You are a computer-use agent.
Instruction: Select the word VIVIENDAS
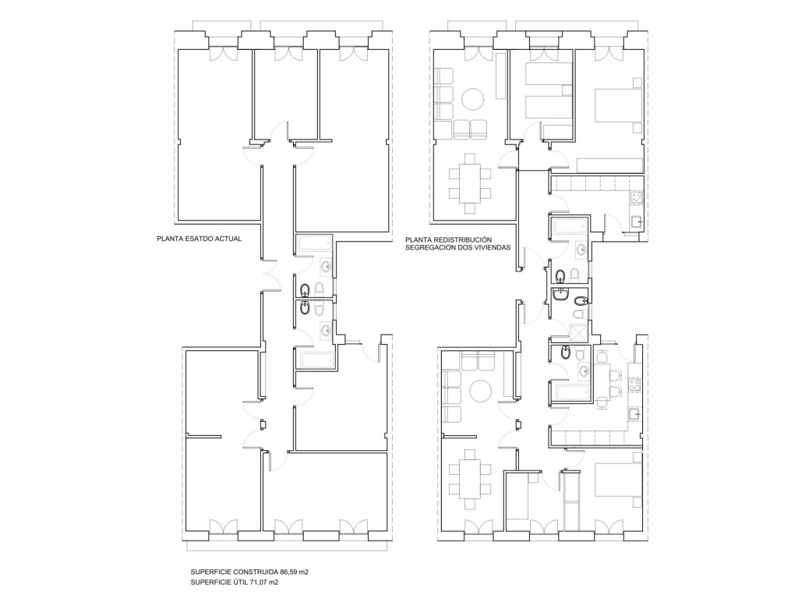[493, 248]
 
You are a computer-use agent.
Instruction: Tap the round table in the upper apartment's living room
[473, 99]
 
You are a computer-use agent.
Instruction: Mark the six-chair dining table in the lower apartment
[470, 479]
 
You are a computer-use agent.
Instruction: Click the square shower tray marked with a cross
[578, 332]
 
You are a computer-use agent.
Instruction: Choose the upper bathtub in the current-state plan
[315, 243]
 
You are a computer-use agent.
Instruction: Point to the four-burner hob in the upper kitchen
[637, 198]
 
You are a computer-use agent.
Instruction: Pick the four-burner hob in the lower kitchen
[634, 384]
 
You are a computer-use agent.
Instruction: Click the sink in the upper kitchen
[637, 221]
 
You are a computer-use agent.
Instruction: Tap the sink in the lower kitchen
[634, 414]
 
